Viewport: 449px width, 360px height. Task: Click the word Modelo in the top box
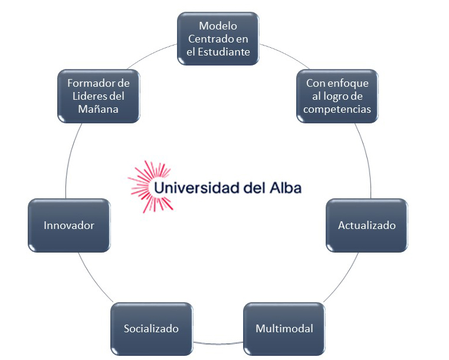218,26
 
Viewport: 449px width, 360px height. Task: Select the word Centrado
207,39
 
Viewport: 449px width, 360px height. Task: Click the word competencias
337,109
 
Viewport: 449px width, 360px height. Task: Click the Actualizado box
367,225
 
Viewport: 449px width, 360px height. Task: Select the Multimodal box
284,329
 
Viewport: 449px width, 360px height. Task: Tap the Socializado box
152,329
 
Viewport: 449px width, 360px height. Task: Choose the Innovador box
69,225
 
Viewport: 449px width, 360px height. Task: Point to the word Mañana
98,109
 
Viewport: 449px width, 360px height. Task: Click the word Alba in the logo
286,188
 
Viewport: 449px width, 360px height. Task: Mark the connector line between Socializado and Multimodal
218,343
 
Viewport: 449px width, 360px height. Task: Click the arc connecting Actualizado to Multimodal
343,279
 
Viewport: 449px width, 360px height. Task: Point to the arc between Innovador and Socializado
94,279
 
